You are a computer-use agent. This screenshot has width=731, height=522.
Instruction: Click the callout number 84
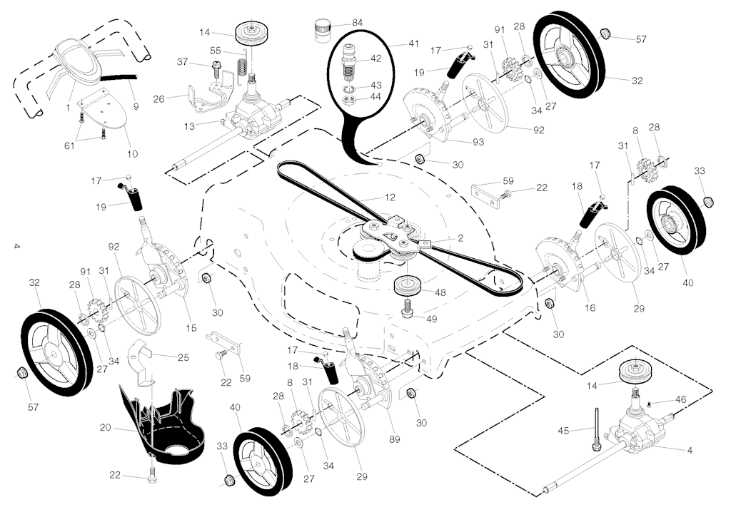click(358, 22)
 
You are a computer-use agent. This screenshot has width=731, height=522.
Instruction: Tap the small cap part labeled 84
click(321, 30)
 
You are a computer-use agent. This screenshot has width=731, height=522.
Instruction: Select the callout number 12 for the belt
click(390, 197)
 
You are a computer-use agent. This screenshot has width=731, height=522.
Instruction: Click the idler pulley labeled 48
click(408, 287)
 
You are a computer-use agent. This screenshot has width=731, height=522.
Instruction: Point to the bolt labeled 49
click(407, 308)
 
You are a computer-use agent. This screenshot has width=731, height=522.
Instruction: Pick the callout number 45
click(563, 431)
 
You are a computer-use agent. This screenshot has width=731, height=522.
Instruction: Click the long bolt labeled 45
click(596, 429)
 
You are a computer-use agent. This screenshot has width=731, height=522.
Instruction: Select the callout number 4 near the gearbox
click(690, 450)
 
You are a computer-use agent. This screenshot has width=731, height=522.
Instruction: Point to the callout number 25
click(183, 357)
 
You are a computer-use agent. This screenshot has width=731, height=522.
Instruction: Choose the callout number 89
click(394, 439)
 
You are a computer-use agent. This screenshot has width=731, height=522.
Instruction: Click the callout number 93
click(478, 142)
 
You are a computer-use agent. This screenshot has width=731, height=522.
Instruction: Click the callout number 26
click(159, 98)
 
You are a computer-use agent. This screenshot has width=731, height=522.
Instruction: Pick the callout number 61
click(69, 145)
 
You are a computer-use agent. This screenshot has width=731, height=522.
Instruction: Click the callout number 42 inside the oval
click(375, 58)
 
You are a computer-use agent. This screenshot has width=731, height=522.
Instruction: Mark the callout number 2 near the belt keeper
click(460, 238)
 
